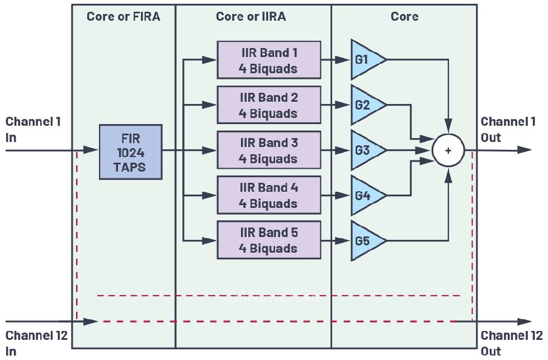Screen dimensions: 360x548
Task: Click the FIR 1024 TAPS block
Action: tap(130, 151)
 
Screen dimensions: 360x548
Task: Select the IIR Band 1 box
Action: tap(269, 60)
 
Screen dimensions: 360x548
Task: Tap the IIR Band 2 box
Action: tap(269, 105)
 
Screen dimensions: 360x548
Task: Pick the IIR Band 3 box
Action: tap(269, 150)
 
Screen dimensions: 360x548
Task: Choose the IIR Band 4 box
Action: tap(269, 195)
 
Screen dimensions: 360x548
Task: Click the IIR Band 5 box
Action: tap(269, 240)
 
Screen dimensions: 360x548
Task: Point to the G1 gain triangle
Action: tap(365, 60)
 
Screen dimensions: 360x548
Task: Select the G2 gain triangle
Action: tap(365, 105)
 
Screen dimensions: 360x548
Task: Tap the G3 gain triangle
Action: tap(365, 150)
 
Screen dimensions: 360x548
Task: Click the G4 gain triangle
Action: tap(365, 196)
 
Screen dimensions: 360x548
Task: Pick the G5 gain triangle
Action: tap(365, 241)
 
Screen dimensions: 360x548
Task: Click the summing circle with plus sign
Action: tap(448, 150)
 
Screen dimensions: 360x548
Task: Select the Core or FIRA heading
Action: tap(124, 16)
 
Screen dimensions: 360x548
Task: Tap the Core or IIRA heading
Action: tap(251, 16)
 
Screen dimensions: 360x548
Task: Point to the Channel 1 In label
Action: tap(33, 129)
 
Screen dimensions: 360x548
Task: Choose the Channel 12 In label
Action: tap(36, 343)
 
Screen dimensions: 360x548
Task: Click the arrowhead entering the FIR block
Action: tap(91, 150)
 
